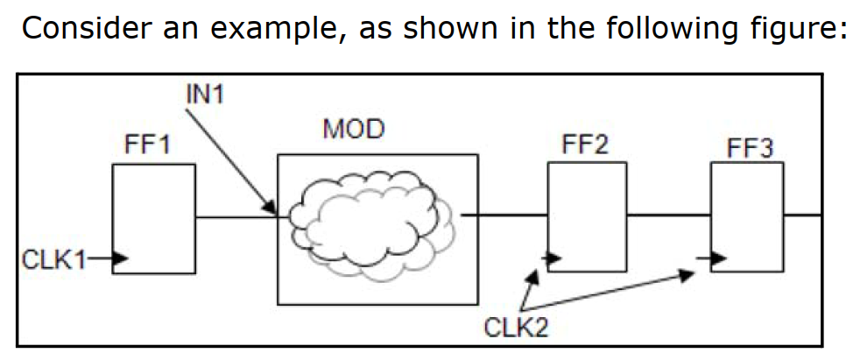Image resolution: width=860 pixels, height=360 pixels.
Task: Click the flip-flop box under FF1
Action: coord(153,219)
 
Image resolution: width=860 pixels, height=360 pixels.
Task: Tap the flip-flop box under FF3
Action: coord(747,219)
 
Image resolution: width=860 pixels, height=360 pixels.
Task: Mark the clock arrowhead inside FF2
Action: coord(552,258)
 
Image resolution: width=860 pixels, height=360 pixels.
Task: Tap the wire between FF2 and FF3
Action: coord(667,215)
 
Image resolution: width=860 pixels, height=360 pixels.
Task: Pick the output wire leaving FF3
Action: coord(803,214)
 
